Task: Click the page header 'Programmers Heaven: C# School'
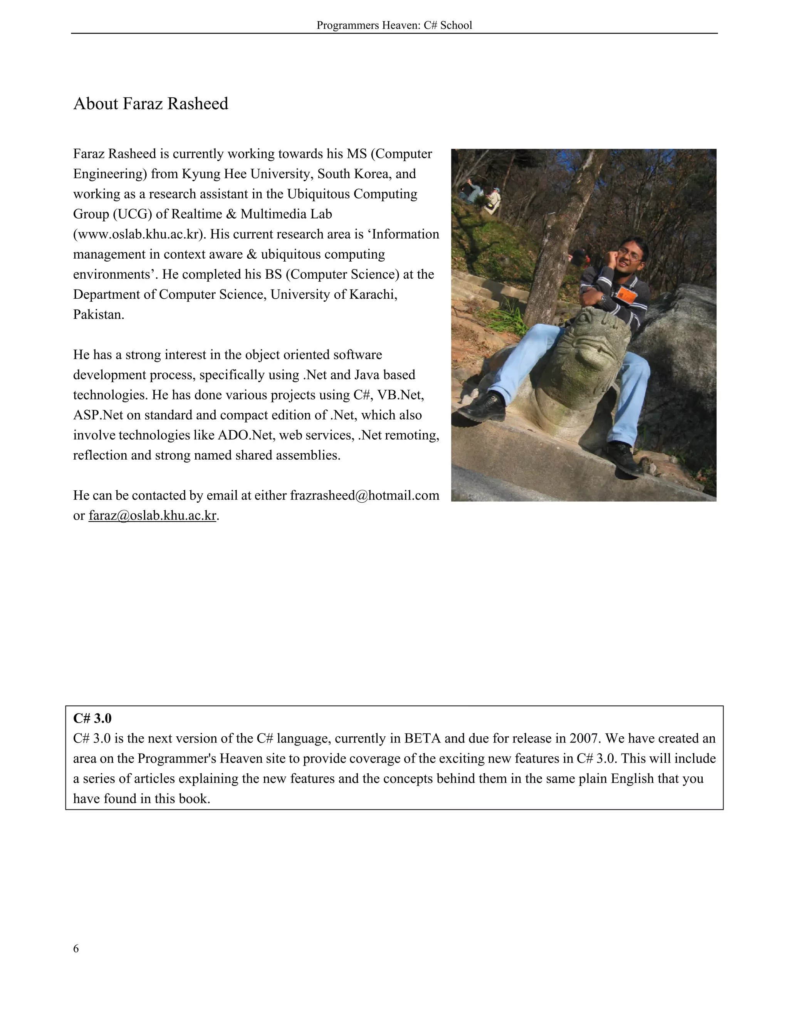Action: [x=394, y=25]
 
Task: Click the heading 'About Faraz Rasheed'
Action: [x=151, y=104]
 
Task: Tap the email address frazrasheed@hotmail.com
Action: [x=364, y=495]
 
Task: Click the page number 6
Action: [x=76, y=948]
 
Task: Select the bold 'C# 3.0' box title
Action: [x=92, y=718]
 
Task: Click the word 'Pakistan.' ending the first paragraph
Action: [x=99, y=314]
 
